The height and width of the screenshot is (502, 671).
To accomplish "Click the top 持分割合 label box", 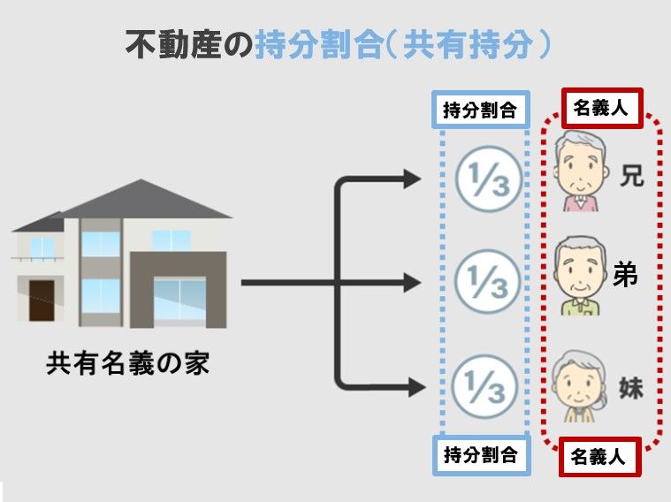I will coord(479,110).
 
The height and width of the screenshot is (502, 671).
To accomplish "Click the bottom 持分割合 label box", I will coord(479,455).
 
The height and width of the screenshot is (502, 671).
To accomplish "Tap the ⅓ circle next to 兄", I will coord(483,178).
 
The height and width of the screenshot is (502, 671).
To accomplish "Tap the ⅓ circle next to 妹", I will coord(483,386).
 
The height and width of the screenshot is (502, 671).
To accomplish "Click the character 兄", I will coord(631,176).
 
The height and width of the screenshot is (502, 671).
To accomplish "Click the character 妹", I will coord(630,388).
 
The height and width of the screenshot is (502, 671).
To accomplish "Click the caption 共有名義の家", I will coord(127,363).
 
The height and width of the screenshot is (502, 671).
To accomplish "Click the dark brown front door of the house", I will coord(41,300).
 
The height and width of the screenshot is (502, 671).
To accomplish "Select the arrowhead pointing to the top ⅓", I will coord(413,179).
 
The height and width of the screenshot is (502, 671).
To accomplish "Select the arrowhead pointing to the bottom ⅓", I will coord(413,386).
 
